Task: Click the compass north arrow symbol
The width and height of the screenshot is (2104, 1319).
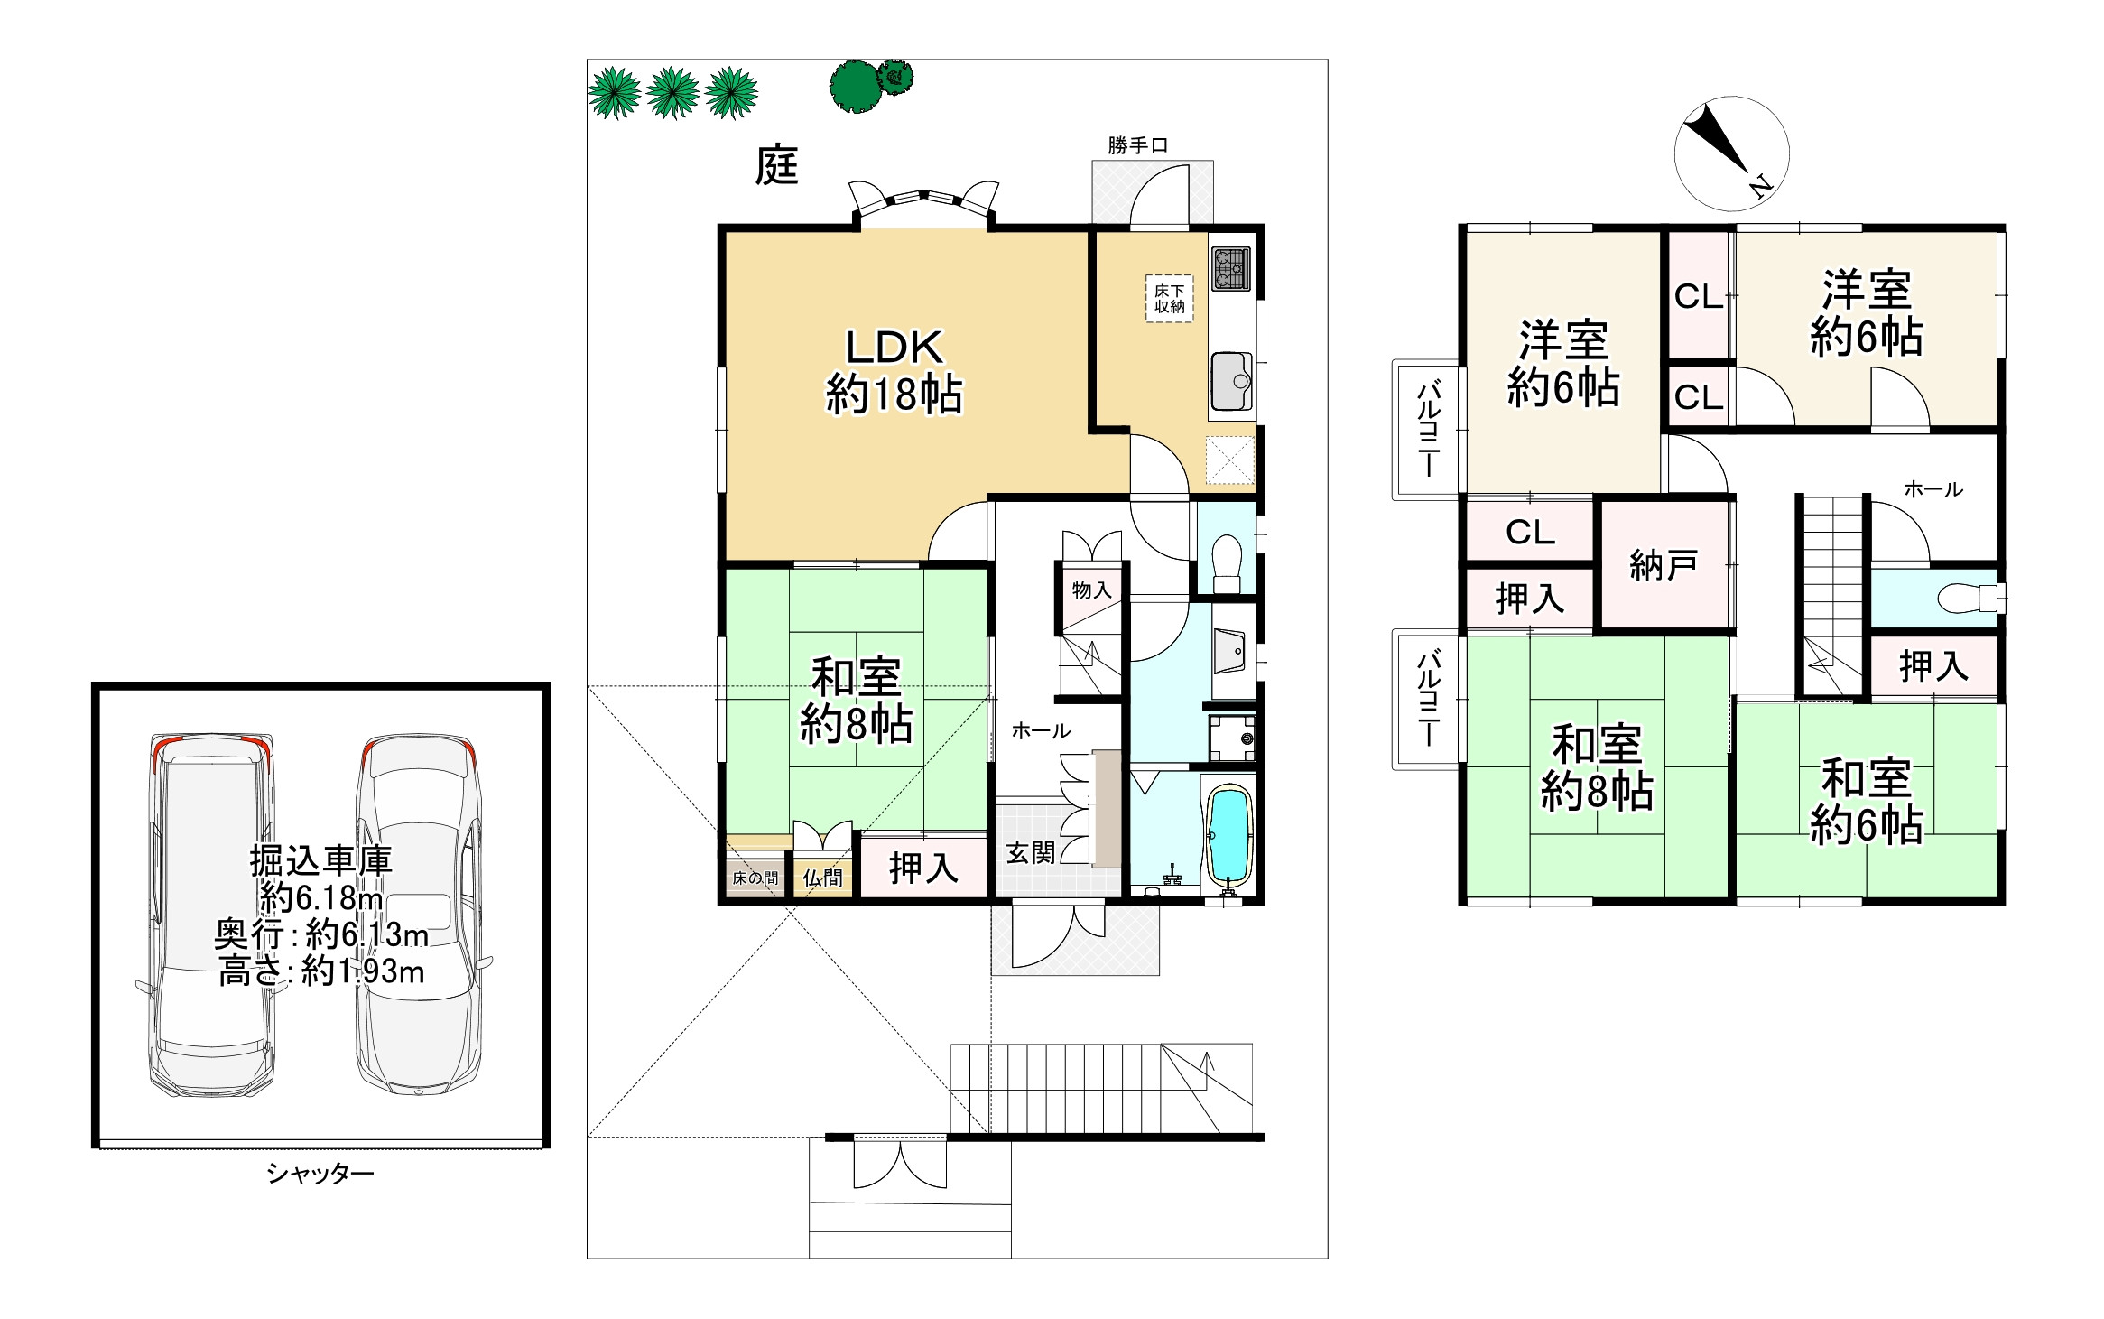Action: pos(1731,153)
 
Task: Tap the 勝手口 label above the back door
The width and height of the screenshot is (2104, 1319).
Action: pos(1137,145)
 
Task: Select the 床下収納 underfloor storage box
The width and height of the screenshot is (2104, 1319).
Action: pos(1169,299)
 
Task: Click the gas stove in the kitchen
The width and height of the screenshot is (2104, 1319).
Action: pos(1230,269)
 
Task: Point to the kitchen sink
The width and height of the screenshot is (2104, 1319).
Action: pos(1231,381)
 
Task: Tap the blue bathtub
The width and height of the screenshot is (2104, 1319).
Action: pos(1228,835)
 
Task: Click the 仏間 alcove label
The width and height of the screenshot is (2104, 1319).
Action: pos(822,878)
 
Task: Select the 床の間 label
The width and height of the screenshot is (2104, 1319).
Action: pos(755,878)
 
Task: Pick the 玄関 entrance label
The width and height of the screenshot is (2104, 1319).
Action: pos(1030,852)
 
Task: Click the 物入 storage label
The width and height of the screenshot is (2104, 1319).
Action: pos(1090,590)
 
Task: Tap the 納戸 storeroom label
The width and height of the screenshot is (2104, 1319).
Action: pos(1664,565)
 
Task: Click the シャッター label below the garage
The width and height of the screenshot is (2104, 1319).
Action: pos(320,1173)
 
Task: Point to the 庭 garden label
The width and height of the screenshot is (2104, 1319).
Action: pos(776,166)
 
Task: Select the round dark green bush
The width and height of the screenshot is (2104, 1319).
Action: pos(855,87)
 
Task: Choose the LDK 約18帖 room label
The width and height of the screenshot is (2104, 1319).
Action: pos(894,371)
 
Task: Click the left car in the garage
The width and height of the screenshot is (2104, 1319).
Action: pos(212,915)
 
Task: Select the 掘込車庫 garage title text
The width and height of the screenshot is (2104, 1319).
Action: pos(320,860)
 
